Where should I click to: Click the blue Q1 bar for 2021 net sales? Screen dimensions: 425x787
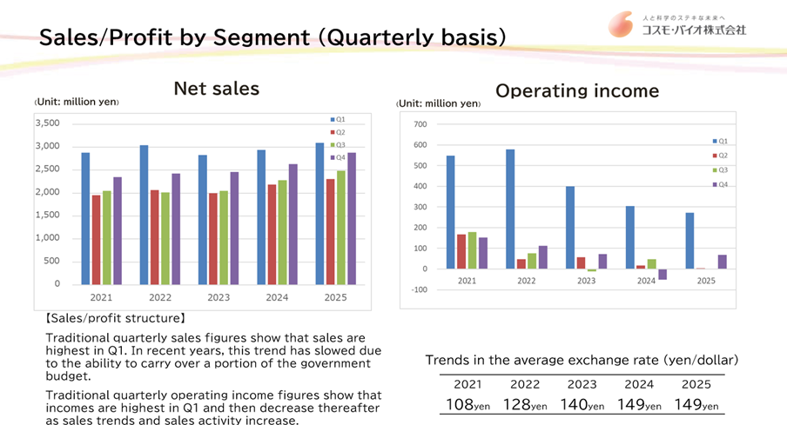(x=85, y=218)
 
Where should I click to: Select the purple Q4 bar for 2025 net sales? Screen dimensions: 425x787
(x=352, y=218)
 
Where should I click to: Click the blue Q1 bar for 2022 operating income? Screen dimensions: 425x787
(x=509, y=209)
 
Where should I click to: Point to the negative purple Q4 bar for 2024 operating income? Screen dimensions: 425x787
(x=663, y=274)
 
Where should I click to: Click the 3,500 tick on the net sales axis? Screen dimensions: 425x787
(x=47, y=123)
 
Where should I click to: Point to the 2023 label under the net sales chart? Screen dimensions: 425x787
(x=219, y=296)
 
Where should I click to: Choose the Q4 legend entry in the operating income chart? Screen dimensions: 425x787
(x=721, y=184)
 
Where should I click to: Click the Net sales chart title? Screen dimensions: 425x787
(x=216, y=88)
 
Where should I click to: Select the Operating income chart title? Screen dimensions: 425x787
(x=577, y=90)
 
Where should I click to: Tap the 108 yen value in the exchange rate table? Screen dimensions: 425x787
(x=467, y=405)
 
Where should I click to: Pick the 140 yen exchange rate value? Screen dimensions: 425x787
(x=582, y=405)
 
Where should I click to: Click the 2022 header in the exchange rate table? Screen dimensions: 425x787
(x=525, y=384)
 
